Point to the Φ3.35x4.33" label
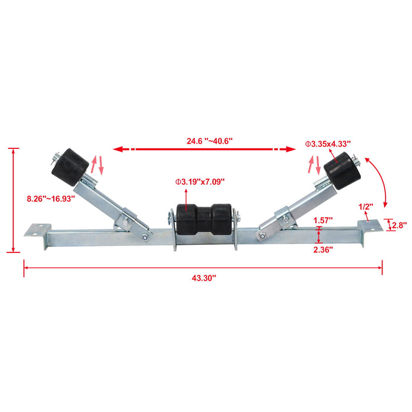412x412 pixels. coord(327,143)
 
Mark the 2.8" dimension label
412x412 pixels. coord(400,225)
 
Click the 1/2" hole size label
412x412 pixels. coord(366,206)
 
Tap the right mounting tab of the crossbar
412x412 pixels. coord(369,226)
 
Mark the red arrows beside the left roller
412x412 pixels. coord(97,165)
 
